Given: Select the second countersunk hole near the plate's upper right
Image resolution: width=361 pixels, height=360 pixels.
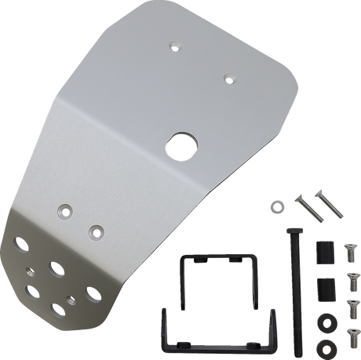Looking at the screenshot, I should (228, 77).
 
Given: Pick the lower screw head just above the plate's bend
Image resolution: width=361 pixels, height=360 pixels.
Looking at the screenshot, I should (96, 230).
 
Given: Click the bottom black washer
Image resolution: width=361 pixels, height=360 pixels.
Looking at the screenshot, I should (323, 345).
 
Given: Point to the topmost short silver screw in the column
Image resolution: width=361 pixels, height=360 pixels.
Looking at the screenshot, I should (349, 252).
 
